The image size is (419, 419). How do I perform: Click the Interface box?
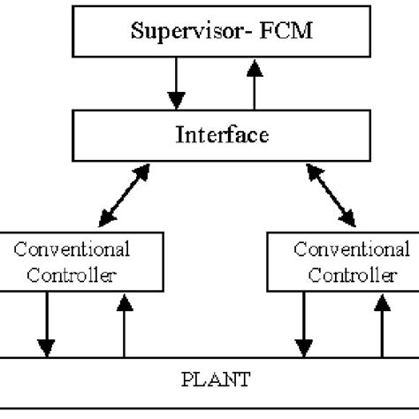(210, 138)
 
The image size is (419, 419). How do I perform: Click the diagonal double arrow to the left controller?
(119, 196)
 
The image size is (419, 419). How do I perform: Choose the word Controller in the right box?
(345, 274)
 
